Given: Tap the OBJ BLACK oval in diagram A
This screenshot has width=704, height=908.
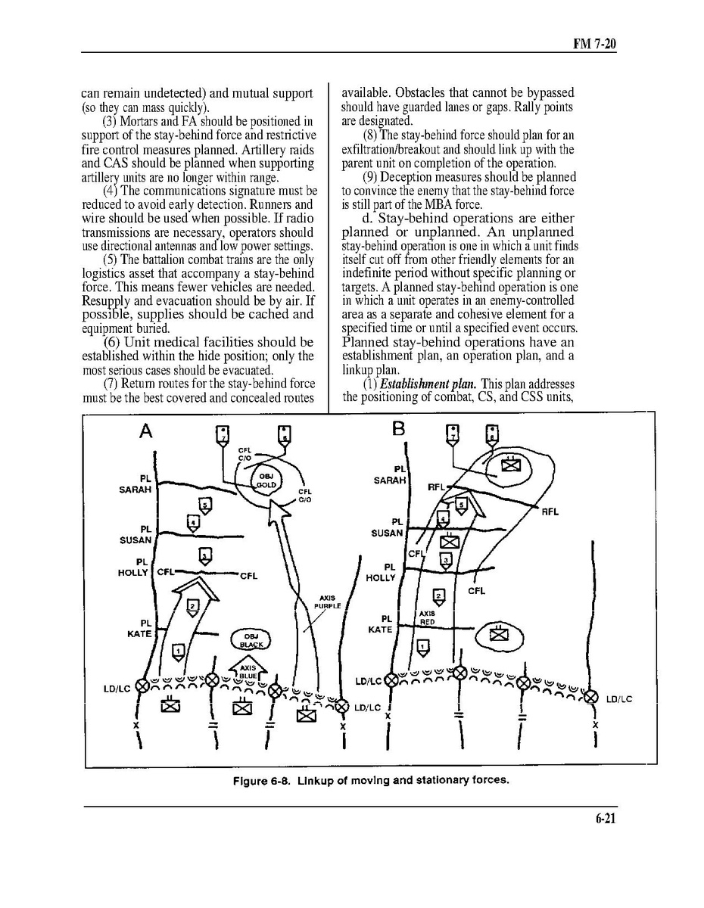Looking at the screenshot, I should [x=250, y=640].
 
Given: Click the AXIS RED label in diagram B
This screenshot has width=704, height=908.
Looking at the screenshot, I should [x=426, y=617].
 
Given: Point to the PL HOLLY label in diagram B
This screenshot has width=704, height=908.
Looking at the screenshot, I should [x=382, y=572].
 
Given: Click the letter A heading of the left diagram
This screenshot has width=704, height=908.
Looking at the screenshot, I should [x=146, y=431].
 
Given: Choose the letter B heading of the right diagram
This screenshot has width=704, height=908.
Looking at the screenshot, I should [x=399, y=430].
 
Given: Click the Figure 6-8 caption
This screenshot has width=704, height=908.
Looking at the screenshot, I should [x=370, y=780].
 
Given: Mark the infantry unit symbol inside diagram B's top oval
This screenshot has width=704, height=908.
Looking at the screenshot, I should [x=512, y=465].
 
